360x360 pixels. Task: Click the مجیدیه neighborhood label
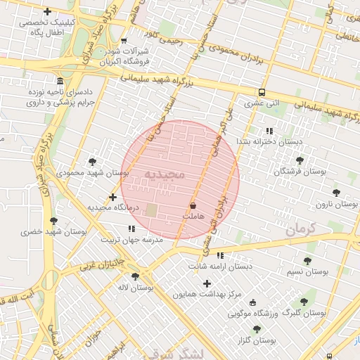[x=164, y=173]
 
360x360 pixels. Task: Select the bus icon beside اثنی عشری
[x=262, y=92]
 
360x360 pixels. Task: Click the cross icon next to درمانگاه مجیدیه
[x=113, y=197]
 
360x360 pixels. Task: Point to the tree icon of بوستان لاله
[x=136, y=276]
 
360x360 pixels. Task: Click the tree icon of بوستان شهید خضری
[x=53, y=221]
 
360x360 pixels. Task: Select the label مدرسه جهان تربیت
[x=134, y=240]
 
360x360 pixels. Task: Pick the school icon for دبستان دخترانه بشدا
[x=269, y=131]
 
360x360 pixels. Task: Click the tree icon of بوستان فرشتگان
[x=299, y=160]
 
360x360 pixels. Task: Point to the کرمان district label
[x=303, y=229]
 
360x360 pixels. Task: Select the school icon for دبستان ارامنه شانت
[x=221, y=255]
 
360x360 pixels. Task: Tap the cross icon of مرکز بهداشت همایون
[x=207, y=283]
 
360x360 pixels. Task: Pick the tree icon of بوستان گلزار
[x=256, y=328]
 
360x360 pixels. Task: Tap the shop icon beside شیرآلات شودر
[x=124, y=41]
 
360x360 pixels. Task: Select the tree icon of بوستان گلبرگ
[x=304, y=302]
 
